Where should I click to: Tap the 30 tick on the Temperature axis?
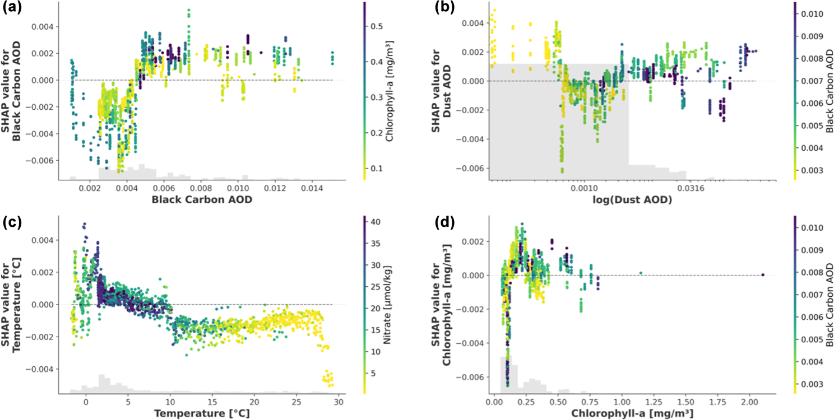338,402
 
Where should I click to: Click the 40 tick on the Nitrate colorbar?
377,222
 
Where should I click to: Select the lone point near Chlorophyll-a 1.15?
641,273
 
